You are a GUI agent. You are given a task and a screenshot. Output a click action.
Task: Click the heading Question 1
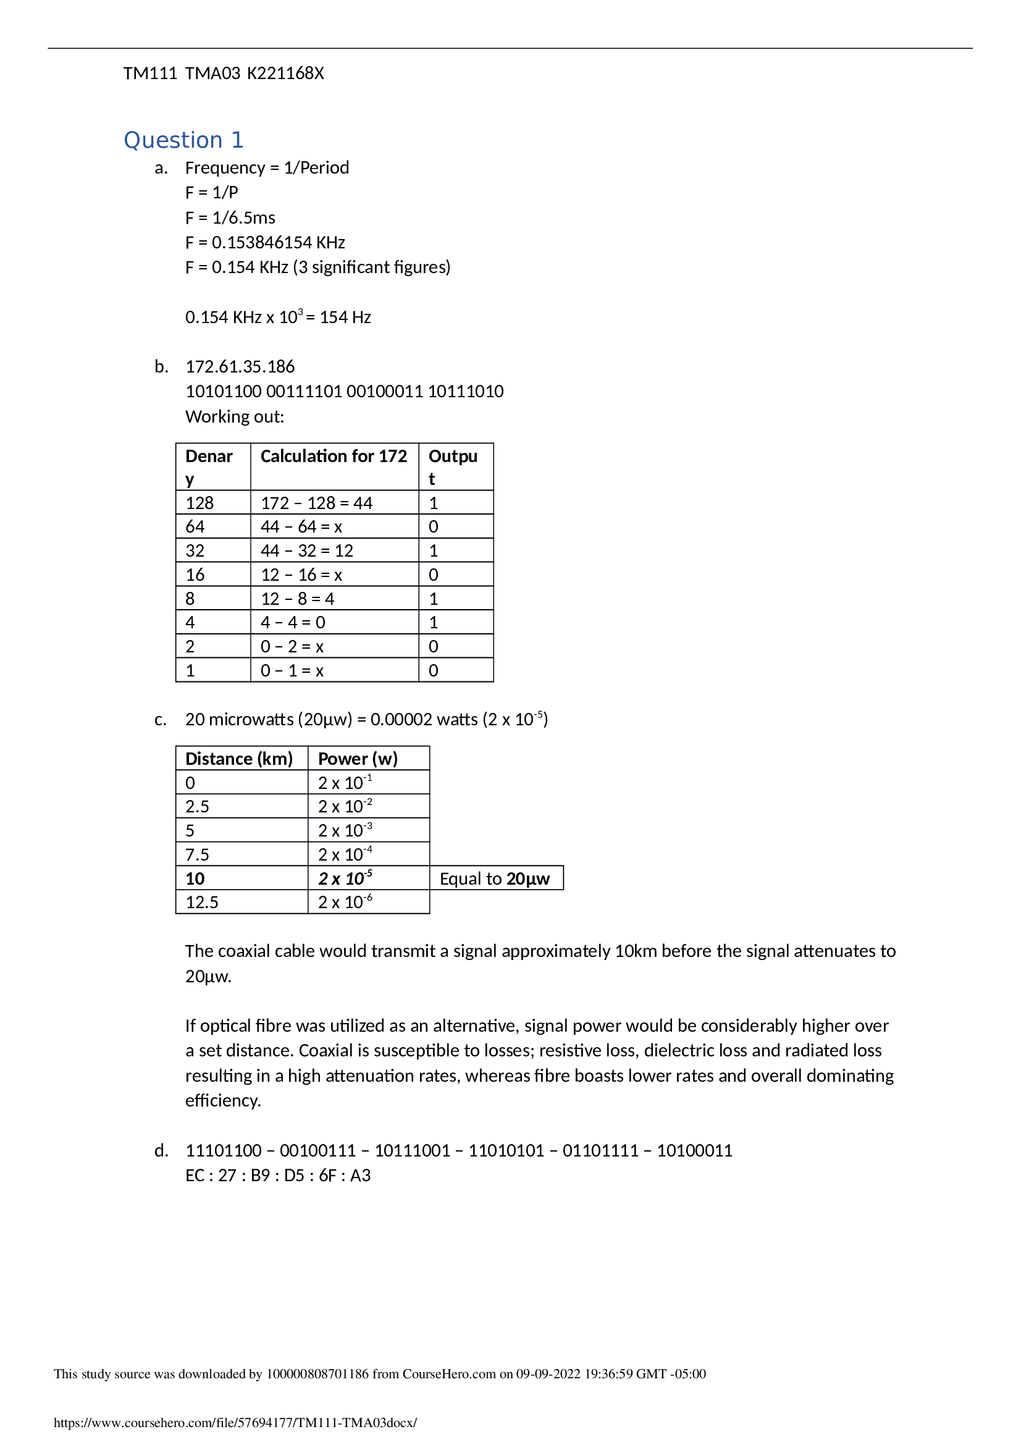pos(183,140)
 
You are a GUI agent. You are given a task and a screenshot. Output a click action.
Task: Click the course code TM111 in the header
pos(149,74)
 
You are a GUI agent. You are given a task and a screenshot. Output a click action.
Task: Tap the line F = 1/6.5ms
pos(230,217)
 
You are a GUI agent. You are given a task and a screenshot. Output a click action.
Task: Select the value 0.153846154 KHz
pos(278,242)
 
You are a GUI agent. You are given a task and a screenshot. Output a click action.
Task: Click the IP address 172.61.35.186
pos(240,366)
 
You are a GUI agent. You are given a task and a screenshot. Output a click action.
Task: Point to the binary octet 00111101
pos(303,392)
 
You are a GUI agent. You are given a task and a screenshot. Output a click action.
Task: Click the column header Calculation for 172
pos(334,457)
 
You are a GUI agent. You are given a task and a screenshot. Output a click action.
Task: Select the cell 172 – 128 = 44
pos(316,503)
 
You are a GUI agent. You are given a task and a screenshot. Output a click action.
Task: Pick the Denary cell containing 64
pos(195,527)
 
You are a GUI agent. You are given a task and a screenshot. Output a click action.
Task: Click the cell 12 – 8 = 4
pos(298,599)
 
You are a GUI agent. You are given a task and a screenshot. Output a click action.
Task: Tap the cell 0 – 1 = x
pos(292,671)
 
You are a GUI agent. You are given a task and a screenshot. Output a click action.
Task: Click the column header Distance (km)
pos(239,759)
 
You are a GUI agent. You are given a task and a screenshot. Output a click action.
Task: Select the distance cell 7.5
pos(197,854)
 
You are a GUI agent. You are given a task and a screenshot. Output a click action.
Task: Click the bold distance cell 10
pos(195,878)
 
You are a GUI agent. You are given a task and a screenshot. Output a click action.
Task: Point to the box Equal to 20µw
pos(495,878)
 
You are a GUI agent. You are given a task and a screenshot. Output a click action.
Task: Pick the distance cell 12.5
pos(201,903)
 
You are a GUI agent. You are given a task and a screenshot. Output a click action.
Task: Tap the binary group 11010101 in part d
pos(506,1150)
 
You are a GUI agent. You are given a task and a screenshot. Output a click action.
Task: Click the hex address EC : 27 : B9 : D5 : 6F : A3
pos(278,1176)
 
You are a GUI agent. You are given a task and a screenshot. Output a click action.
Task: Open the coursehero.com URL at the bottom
pos(235,1423)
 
